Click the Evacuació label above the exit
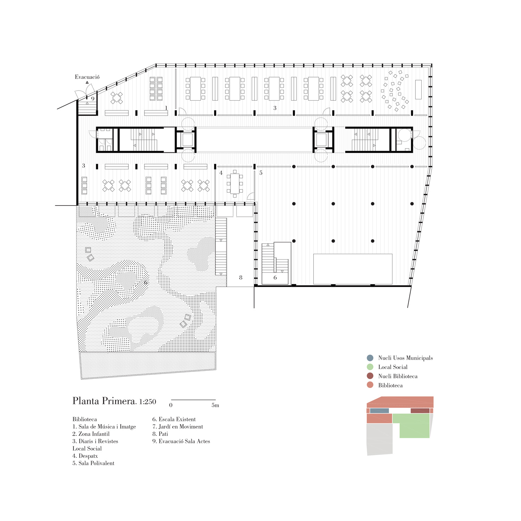coord(87,77)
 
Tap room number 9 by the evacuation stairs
coord(93,99)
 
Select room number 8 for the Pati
coord(241,278)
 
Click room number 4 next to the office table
coord(221,173)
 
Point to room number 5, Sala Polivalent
coord(261,173)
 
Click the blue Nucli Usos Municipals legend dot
coord(370,358)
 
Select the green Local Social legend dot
coord(370,367)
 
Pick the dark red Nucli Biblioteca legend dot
coord(370,376)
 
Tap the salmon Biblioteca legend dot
coord(370,385)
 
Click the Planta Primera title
coord(105,401)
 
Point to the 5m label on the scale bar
coord(215,405)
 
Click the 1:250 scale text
coord(148,402)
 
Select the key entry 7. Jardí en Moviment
coord(177,427)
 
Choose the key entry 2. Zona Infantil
coord(91,434)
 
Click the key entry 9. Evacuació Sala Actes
coord(181,441)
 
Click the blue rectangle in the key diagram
coord(379,411)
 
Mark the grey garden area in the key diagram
coord(380,439)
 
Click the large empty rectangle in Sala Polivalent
coord(353,269)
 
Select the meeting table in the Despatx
coord(235,184)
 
